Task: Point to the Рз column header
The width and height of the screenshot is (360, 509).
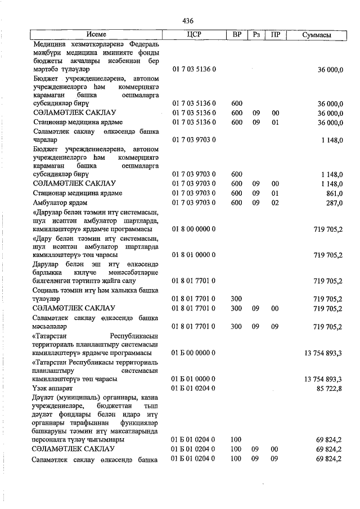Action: tap(256, 35)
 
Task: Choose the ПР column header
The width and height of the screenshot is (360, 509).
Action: tap(275, 35)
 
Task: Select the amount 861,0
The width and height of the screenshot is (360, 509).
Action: tap(333, 193)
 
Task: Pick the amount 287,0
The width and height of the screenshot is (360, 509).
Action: tap(333, 203)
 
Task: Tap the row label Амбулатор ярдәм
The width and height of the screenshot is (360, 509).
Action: tap(61, 203)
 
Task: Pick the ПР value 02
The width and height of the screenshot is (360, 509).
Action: tap(275, 203)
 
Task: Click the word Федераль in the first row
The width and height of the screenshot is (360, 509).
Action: tap(143, 43)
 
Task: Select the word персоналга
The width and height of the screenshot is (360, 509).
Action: tap(52, 439)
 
